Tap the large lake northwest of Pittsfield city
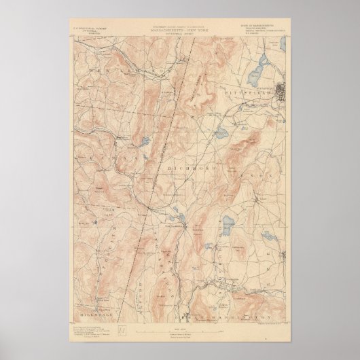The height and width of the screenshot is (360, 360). [x=259, y=67]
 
